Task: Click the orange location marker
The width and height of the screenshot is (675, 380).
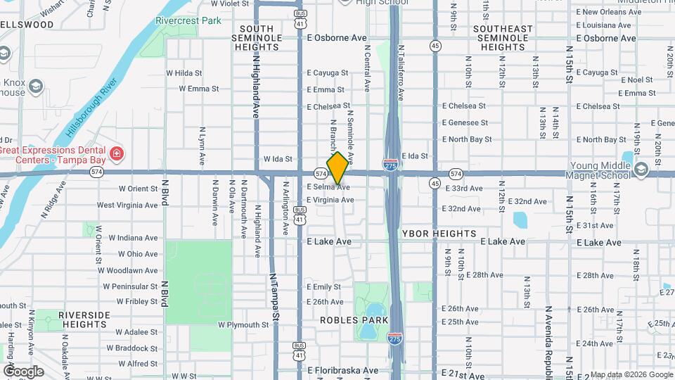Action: coord(337,167)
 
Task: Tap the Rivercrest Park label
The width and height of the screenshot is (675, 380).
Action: coord(188,21)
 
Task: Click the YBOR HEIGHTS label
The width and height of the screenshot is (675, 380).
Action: coord(439,233)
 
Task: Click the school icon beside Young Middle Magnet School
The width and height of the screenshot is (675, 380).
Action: coord(641,170)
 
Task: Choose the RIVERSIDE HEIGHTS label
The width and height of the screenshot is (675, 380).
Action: coord(84,319)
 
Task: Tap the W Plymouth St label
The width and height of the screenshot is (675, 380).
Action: coord(243,325)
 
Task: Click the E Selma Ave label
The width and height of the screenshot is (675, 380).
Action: coord(328,187)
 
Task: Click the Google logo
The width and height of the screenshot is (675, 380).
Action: coord(23,371)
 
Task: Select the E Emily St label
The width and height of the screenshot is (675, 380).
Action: coord(324,287)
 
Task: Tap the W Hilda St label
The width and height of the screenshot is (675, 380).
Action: coord(184,73)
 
